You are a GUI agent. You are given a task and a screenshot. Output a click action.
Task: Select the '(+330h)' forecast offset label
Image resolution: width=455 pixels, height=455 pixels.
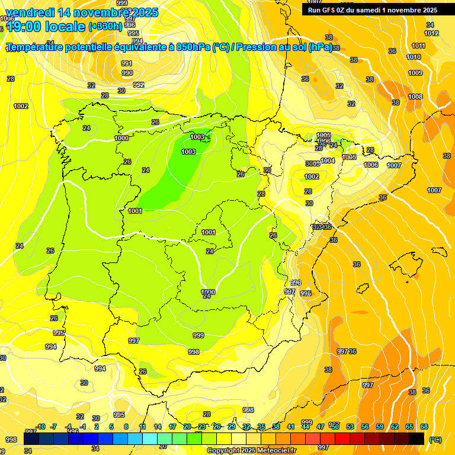click(x=105, y=26)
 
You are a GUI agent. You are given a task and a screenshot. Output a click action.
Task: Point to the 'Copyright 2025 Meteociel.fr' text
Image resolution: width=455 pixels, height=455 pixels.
click(x=252, y=450)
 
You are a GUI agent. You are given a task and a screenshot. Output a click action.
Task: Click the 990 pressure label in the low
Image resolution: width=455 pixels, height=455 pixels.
click(x=127, y=73)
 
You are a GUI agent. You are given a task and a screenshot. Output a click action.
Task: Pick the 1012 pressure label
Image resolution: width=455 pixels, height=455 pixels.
click(x=431, y=33)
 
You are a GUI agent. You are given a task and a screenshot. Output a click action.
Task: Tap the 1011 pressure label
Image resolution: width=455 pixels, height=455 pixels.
click(x=418, y=46)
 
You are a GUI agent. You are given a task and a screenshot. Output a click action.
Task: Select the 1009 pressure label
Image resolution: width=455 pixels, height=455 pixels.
click(x=415, y=73)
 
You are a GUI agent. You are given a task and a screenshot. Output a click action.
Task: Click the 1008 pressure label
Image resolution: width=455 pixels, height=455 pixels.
click(x=415, y=97)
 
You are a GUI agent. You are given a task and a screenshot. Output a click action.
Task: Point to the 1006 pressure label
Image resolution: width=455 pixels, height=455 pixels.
click(x=371, y=165)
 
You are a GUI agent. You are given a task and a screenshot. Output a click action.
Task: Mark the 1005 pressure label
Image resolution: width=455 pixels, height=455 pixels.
click(x=350, y=157)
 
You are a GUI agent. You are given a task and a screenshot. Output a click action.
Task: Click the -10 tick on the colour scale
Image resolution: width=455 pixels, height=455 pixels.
click(x=40, y=427)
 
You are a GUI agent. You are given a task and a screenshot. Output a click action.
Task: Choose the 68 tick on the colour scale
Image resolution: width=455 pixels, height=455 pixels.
click(x=424, y=427)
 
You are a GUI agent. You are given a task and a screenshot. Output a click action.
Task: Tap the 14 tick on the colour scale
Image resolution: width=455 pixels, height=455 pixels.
click(x=158, y=427)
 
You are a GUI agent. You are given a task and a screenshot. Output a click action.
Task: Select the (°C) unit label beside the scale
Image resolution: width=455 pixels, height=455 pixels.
click(x=435, y=439)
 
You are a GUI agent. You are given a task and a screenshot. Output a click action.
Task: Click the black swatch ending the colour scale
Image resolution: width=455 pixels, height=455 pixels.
click(x=416, y=438)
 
